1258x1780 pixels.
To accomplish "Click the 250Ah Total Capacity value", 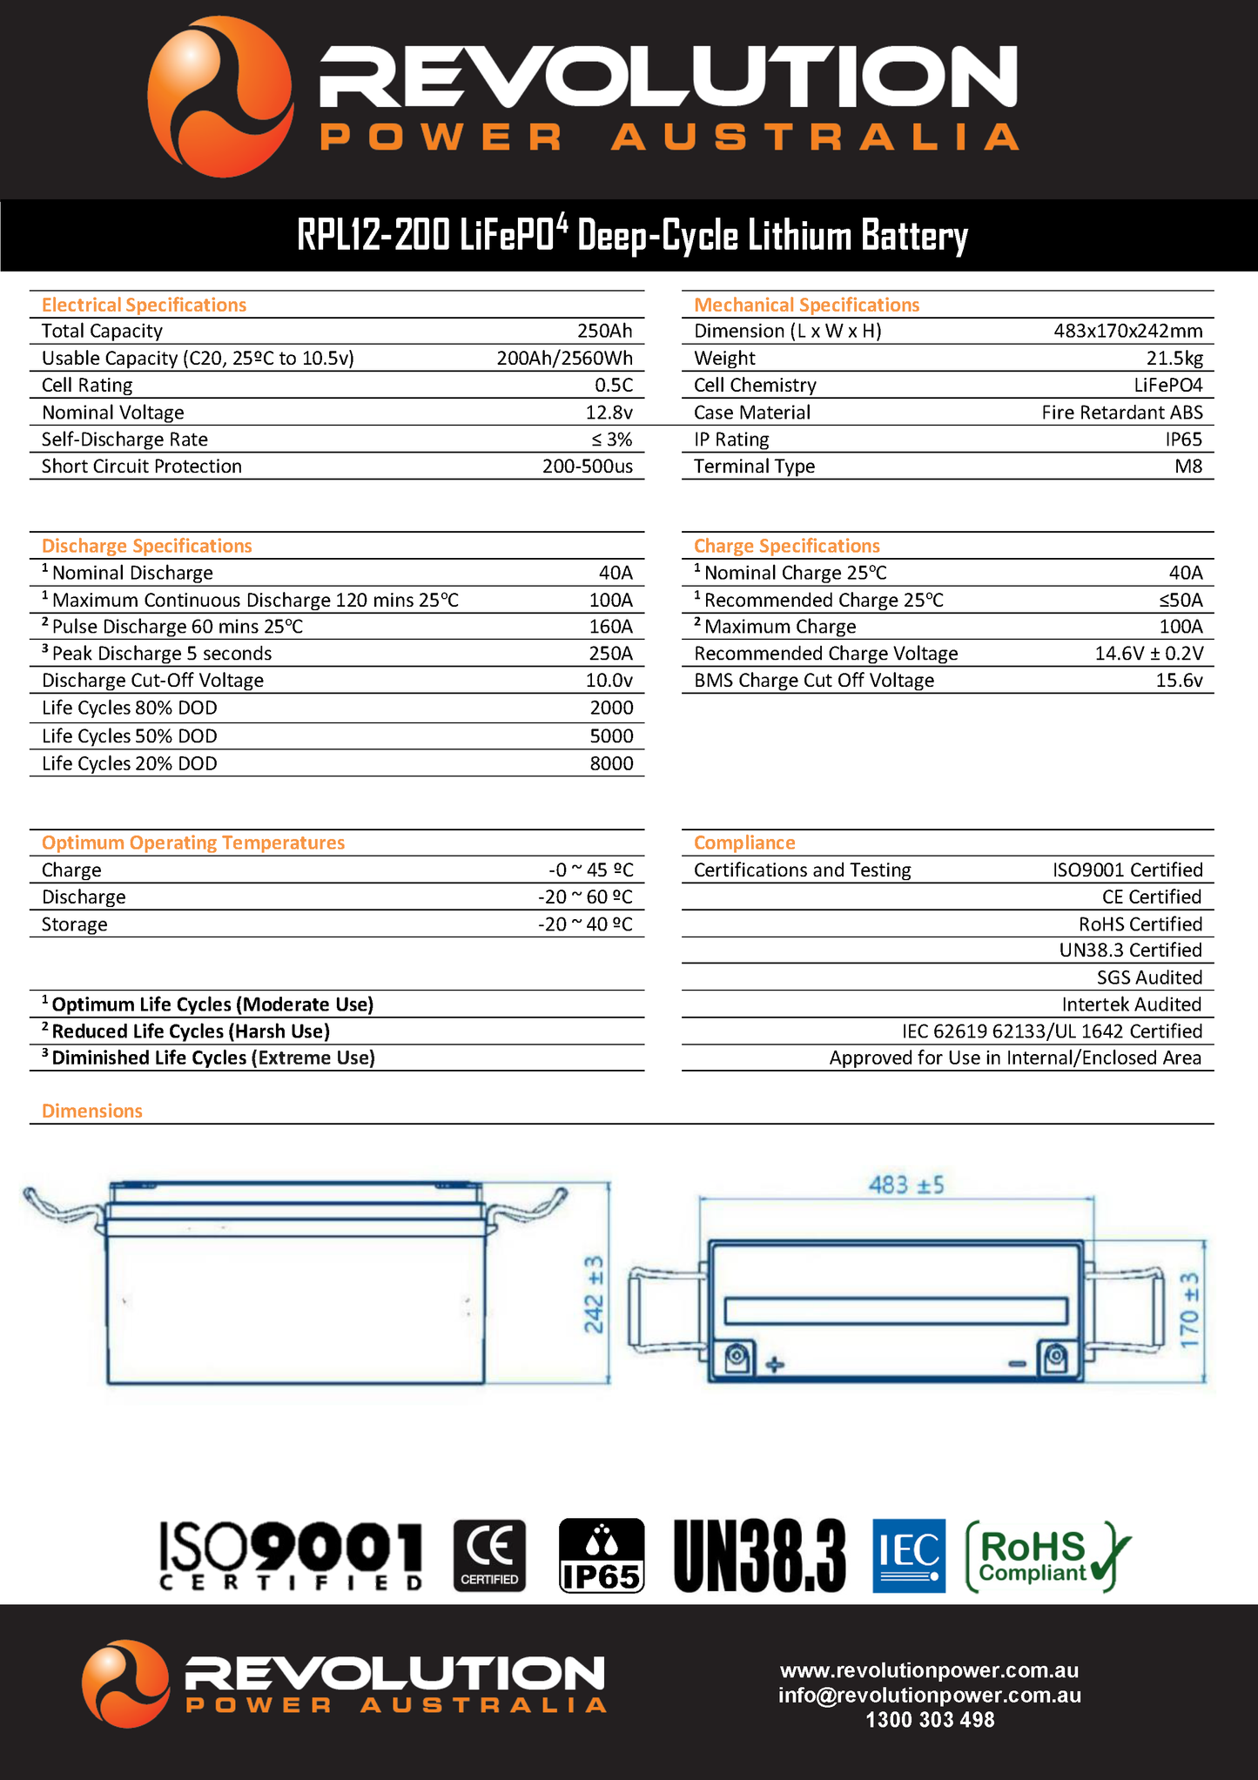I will coord(604,331).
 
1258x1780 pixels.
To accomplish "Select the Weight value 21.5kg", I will coord(1174,358).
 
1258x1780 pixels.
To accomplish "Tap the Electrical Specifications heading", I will coord(144,305).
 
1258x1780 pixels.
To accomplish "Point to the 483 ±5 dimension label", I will coord(905,1185).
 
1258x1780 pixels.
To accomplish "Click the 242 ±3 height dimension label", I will coord(593,1293).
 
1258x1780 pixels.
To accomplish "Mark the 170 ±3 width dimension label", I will coord(1190,1311).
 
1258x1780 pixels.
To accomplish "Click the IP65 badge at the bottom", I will coord(601,1555).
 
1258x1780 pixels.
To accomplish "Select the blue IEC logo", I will coord(908,1555).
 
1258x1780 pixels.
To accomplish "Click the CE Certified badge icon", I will coord(490,1555).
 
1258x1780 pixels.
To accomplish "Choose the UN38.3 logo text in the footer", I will coord(759,1555).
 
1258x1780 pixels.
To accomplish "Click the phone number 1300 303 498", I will coord(929,1720).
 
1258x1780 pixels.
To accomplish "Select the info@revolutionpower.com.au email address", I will coord(929,1695).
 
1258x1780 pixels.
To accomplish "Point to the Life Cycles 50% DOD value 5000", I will coord(611,736).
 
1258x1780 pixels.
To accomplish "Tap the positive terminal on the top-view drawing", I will coord(738,1356).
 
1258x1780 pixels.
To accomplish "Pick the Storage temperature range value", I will coord(585,924).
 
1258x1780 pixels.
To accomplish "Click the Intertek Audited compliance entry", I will coord(1131,1004).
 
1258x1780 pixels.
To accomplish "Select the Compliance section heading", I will coord(744,843).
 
